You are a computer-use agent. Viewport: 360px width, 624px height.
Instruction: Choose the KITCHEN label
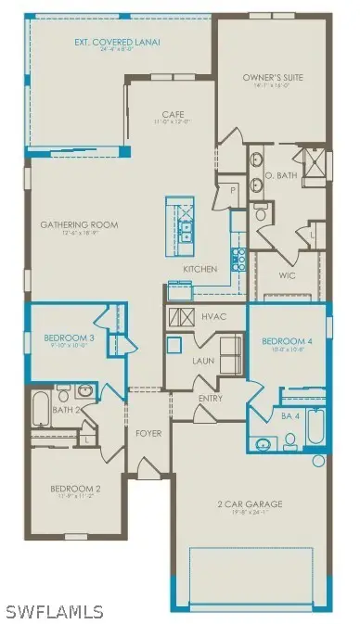[x=199, y=269]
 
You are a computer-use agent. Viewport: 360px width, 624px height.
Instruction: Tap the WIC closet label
[x=287, y=275]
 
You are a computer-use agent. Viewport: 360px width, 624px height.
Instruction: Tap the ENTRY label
[x=211, y=399]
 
